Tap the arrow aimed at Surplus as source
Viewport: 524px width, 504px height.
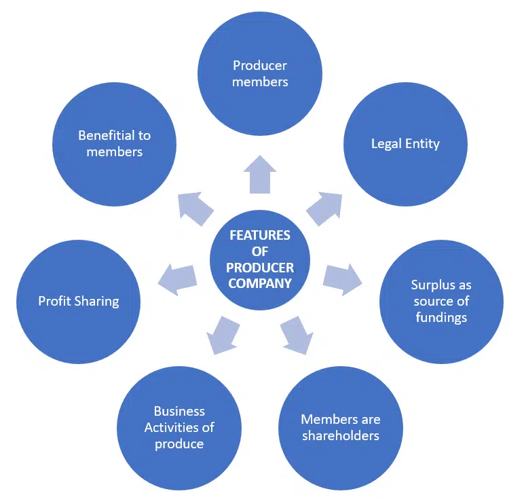coord(341,278)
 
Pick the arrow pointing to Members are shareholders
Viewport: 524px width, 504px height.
coord(297,334)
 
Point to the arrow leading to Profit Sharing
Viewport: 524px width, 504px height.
coord(177,278)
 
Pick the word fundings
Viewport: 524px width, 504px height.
coord(441,317)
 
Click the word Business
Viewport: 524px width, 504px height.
coord(179,411)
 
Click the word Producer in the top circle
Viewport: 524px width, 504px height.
coord(260,66)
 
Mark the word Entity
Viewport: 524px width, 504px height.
coord(423,144)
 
